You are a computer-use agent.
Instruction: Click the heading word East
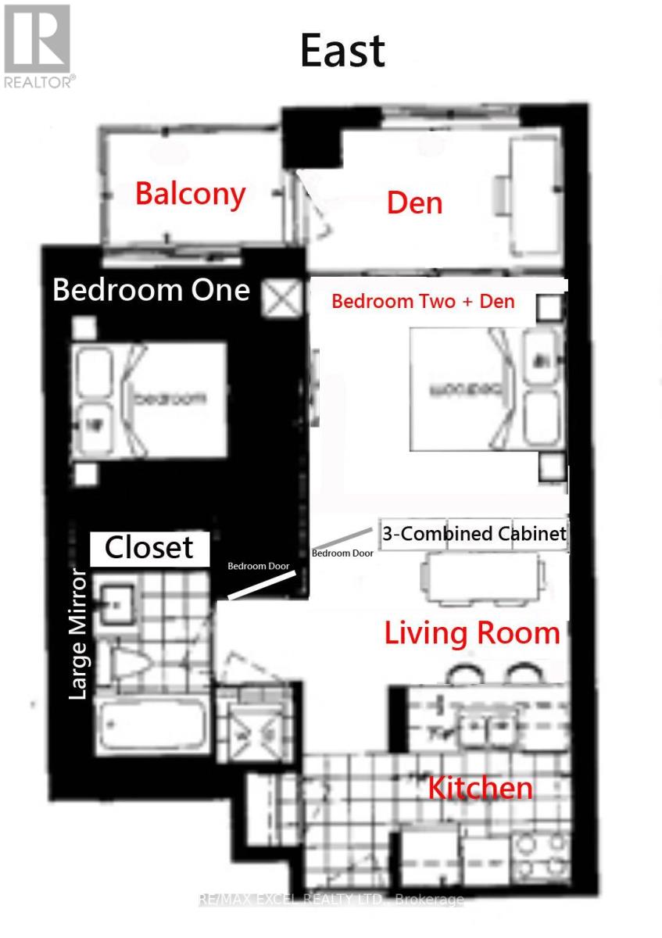point(342,51)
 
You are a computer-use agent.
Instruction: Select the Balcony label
point(190,193)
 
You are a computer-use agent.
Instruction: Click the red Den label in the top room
point(414,203)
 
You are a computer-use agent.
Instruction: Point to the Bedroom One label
point(151,290)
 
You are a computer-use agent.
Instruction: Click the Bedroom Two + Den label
point(423,301)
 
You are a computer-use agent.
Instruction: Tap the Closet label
point(149,548)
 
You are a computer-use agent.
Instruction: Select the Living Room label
point(472,632)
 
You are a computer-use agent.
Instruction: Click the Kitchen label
point(480,788)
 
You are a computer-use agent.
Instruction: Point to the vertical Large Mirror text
point(78,634)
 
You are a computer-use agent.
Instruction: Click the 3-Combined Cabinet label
point(474,534)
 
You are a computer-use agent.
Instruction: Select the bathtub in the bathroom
point(152,726)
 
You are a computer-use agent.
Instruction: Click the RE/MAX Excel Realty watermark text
point(331,900)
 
